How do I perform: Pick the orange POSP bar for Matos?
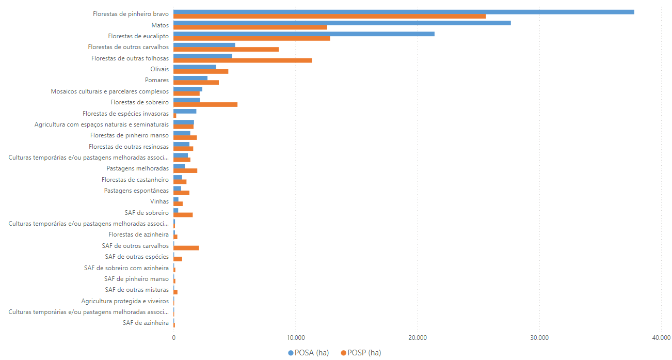coord(250,27)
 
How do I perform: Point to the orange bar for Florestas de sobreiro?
coord(205,104)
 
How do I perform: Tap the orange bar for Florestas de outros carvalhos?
coord(226,50)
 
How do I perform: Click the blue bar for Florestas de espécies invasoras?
coord(185,111)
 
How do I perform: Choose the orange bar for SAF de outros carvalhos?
coord(186,248)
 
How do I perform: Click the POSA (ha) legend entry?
coord(308,353)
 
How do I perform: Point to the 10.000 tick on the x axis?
coord(295,338)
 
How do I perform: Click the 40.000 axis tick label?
coord(661,338)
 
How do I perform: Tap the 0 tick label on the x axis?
coord(174,338)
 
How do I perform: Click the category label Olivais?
coord(159,69)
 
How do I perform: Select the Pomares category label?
coord(157,80)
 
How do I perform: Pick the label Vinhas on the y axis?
coord(159,201)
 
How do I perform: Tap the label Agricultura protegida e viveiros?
coord(125,301)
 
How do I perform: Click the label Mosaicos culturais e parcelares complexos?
coord(109,91)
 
